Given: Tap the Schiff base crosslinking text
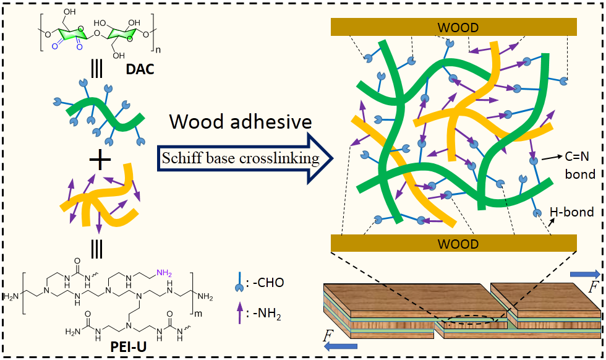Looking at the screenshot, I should pyautogui.click(x=241, y=159).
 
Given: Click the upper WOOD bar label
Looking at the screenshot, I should pyautogui.click(x=458, y=27).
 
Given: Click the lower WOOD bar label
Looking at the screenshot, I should pyautogui.click(x=458, y=244).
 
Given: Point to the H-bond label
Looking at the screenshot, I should pyautogui.click(x=572, y=212).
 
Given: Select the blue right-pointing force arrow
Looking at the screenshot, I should pyautogui.click(x=584, y=273).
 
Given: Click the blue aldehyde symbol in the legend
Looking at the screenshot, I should pyautogui.click(x=242, y=285).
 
